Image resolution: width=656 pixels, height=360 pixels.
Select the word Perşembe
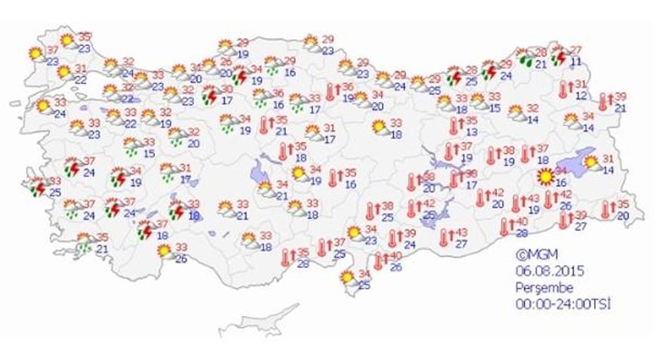(x=539, y=288)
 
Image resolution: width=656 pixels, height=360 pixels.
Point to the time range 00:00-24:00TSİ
(x=562, y=303)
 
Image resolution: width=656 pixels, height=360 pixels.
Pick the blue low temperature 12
(x=581, y=95)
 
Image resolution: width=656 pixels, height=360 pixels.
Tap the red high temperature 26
(x=225, y=62)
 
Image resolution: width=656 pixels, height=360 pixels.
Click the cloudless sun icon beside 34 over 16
(x=544, y=177)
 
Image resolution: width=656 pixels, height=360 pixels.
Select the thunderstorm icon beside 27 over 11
(x=559, y=55)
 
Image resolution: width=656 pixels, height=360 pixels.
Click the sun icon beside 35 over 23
(x=67, y=40)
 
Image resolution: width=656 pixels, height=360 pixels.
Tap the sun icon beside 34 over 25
(x=348, y=278)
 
